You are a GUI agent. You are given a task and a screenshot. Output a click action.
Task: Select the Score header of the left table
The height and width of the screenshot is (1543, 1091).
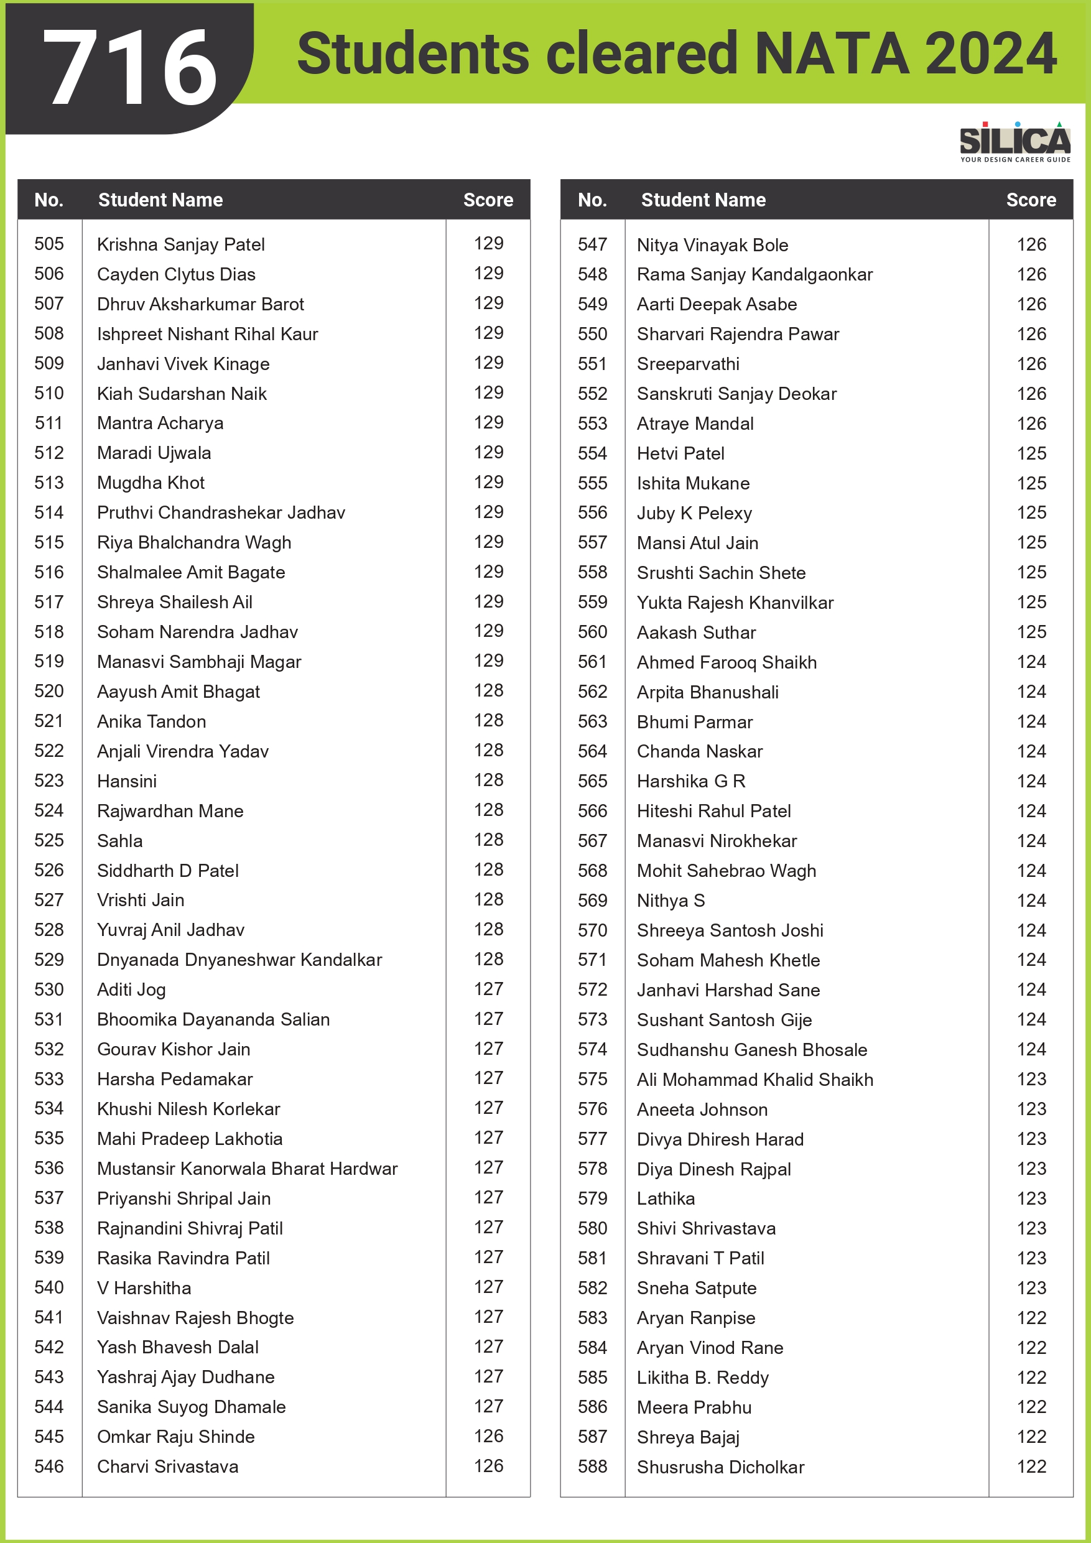(x=488, y=200)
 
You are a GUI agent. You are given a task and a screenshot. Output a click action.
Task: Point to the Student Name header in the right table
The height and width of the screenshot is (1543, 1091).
(x=703, y=200)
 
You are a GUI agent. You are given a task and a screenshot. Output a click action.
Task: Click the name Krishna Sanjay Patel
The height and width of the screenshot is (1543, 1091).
(x=181, y=244)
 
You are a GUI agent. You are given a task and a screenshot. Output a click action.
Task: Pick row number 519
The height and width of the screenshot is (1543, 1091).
(x=49, y=661)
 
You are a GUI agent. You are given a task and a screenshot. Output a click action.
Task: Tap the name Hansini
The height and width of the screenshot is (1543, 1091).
(x=127, y=781)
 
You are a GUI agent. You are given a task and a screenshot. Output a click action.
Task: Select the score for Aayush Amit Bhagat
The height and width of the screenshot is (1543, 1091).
(x=489, y=691)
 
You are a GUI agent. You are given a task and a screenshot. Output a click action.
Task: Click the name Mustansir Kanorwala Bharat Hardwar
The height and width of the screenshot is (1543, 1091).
(x=248, y=1169)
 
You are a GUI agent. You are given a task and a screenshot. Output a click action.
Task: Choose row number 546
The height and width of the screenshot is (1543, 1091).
(x=49, y=1467)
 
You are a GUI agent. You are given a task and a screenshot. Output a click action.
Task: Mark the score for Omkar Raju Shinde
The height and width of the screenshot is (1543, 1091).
(x=489, y=1436)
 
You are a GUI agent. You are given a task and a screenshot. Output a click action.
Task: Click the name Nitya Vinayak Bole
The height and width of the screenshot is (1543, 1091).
(x=713, y=245)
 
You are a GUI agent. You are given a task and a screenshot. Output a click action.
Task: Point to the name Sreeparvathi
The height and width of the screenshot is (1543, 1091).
(x=689, y=364)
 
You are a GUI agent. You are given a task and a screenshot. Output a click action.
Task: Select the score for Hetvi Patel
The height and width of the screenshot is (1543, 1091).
(x=1031, y=453)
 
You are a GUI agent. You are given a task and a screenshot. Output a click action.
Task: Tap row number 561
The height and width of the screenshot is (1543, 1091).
(x=592, y=662)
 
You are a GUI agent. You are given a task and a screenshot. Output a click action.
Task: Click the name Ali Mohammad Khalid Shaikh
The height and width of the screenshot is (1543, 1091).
(x=755, y=1079)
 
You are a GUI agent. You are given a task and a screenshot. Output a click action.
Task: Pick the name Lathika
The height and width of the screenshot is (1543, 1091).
(x=666, y=1198)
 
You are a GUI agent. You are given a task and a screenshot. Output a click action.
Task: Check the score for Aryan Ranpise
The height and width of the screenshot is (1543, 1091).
(x=1031, y=1318)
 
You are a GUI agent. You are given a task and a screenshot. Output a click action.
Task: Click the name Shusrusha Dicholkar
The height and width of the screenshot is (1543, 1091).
(x=721, y=1467)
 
